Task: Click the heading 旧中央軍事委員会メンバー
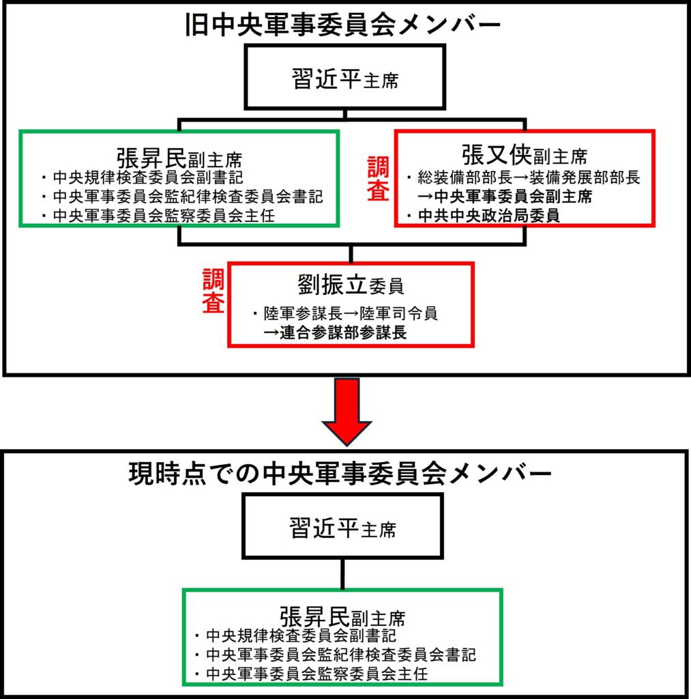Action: pyautogui.click(x=344, y=25)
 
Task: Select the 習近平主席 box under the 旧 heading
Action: pyautogui.click(x=345, y=77)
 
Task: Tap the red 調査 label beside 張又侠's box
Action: pyautogui.click(x=378, y=179)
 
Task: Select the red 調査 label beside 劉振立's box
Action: pyautogui.click(x=214, y=291)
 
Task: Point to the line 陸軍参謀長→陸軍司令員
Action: pyautogui.click(x=351, y=315)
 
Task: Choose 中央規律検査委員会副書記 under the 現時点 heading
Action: pyautogui.click(x=300, y=636)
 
